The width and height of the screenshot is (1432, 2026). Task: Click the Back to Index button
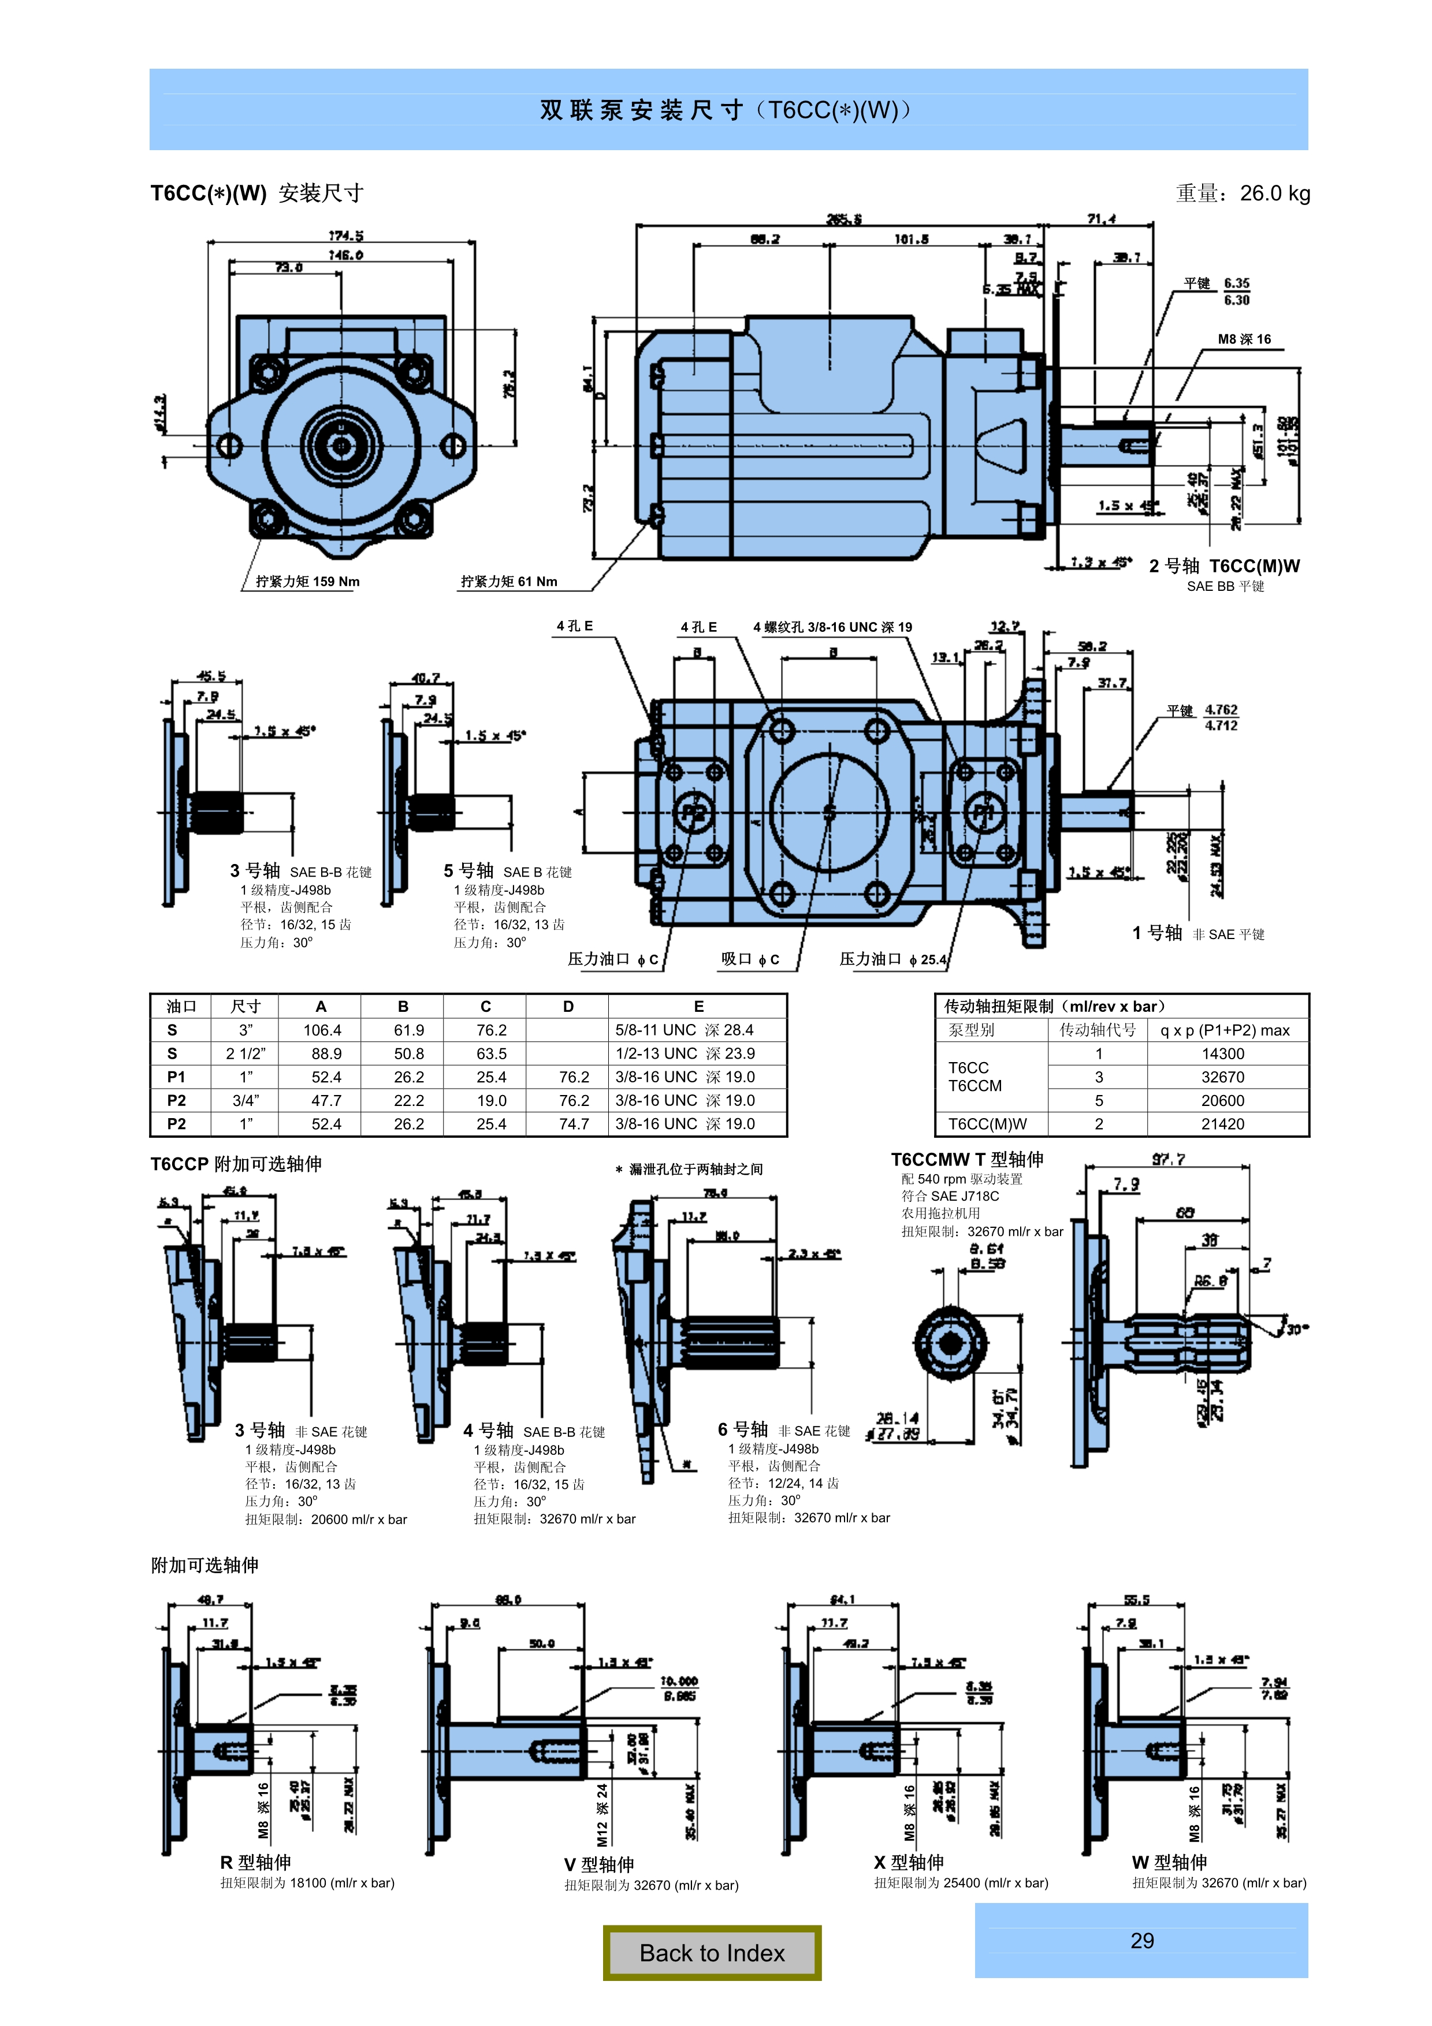click(x=712, y=1953)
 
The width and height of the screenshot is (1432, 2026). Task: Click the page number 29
click(x=1141, y=1941)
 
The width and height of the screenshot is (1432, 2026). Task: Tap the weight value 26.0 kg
click(x=1274, y=193)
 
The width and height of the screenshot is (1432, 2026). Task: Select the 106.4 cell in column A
click(x=322, y=1030)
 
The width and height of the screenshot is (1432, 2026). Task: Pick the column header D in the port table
click(x=568, y=1007)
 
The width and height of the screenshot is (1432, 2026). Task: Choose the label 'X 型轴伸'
click(x=909, y=1863)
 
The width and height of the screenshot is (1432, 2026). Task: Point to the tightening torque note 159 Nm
click(x=307, y=582)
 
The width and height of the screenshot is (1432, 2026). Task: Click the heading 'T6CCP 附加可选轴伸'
click(x=236, y=1164)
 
